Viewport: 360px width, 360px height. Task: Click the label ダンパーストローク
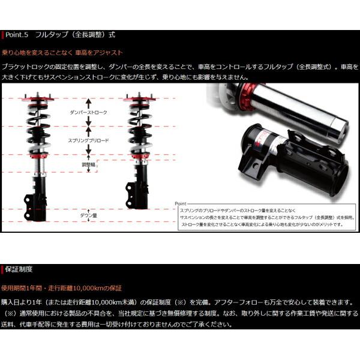(x=89, y=112)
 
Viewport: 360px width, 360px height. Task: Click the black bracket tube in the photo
(x=300, y=162)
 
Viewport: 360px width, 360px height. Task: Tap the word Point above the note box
(x=184, y=204)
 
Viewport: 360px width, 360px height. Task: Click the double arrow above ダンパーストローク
(x=89, y=102)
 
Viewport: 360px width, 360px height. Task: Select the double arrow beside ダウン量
(x=89, y=204)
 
